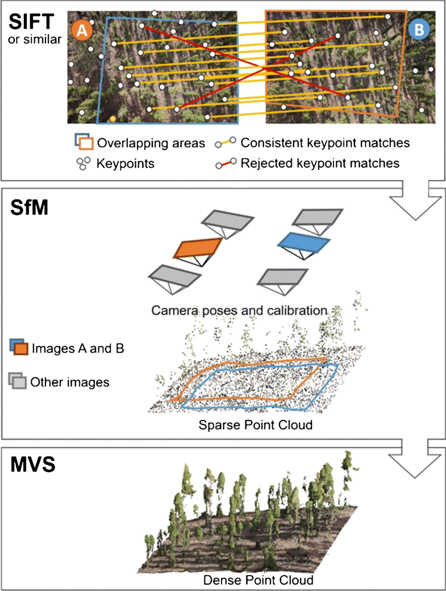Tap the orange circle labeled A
(81, 31)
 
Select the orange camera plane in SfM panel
(197, 248)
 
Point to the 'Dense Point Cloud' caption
(259, 580)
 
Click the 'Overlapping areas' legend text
(151, 143)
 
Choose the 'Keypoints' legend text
(125, 163)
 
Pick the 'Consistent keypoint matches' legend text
(325, 143)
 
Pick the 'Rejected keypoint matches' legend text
(320, 163)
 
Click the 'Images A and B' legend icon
(19, 347)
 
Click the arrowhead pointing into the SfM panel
(415, 204)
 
